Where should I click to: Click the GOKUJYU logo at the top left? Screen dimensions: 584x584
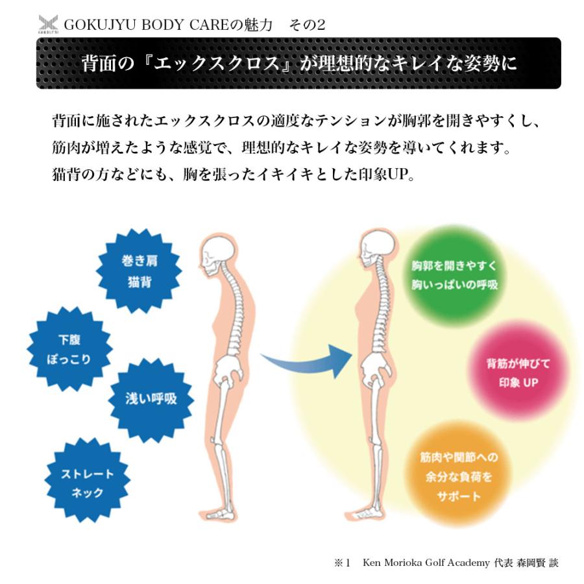click(48, 24)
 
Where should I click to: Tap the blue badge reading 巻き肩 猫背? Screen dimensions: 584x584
click(139, 271)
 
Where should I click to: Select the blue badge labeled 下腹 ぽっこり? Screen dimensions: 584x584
click(69, 349)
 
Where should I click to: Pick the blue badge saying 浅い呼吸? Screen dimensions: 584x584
click(151, 400)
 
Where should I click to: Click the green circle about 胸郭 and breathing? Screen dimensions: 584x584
click(454, 275)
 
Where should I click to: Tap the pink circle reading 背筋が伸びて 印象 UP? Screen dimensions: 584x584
click(518, 372)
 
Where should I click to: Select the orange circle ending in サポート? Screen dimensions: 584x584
click(459, 476)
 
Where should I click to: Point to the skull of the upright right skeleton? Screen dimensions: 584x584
click(377, 249)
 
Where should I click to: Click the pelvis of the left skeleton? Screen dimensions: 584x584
click(228, 369)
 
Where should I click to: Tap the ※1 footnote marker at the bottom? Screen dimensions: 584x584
click(342, 563)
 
